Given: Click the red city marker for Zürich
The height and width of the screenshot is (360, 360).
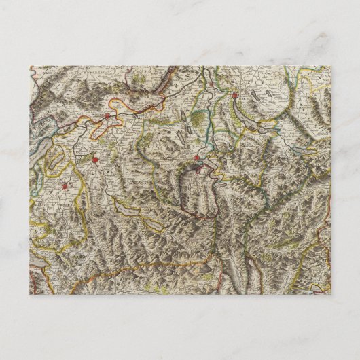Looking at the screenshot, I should pyautogui.click(x=236, y=96).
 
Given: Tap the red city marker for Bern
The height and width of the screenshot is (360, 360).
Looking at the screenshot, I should pyautogui.click(x=96, y=160).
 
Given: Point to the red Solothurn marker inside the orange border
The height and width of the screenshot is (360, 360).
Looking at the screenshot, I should pyautogui.click(x=107, y=116).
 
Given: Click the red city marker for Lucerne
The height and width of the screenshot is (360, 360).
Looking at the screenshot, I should pyautogui.click(x=197, y=158).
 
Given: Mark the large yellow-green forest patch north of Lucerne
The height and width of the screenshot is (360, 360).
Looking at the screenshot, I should pyautogui.click(x=194, y=119).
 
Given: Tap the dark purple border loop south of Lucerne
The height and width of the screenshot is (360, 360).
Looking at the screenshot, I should pyautogui.click(x=197, y=194).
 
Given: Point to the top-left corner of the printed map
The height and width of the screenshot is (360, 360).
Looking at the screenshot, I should pyautogui.click(x=30, y=66).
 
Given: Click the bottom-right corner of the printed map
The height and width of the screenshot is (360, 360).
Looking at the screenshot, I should pyautogui.click(x=331, y=295).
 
